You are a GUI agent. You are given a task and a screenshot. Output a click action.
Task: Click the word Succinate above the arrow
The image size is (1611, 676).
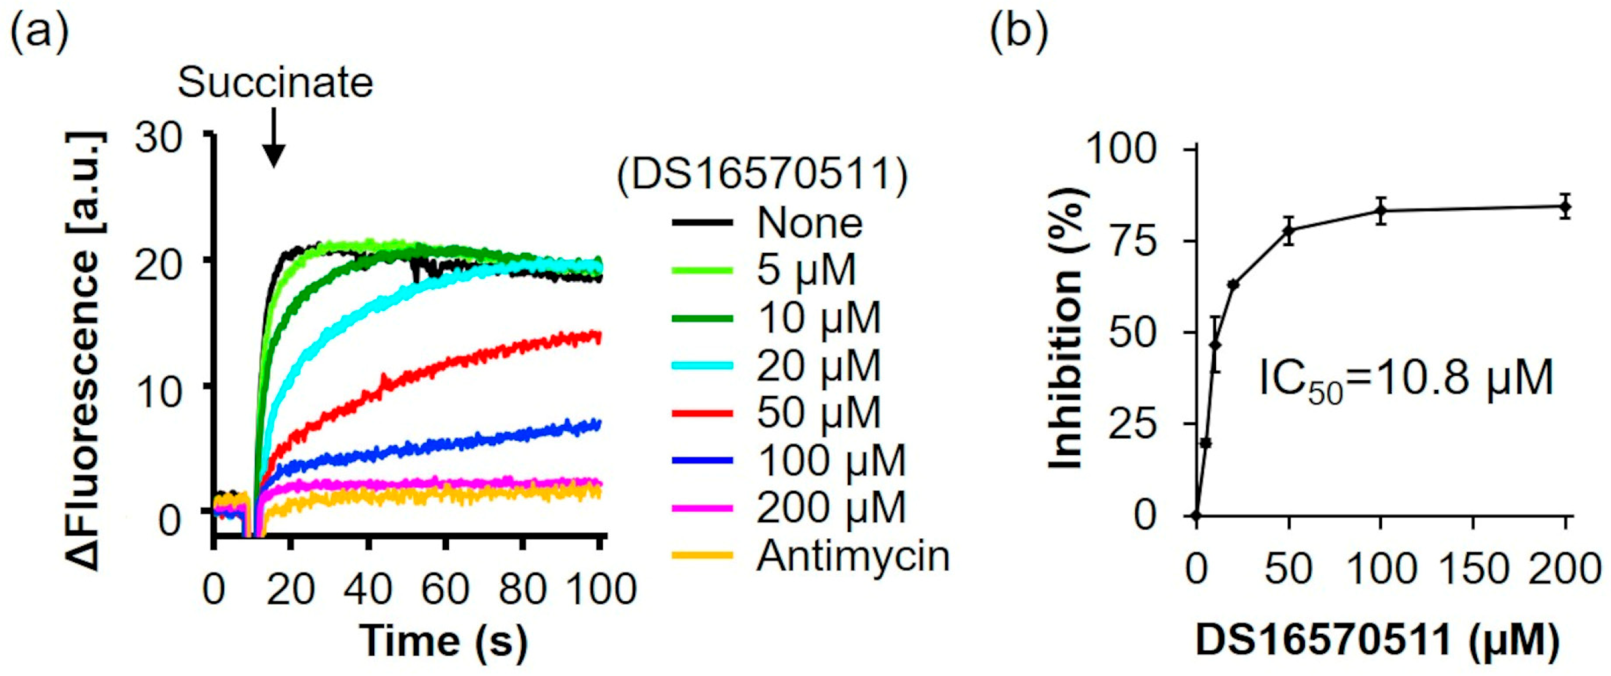[x=275, y=83]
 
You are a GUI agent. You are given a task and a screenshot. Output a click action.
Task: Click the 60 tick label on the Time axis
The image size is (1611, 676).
[x=445, y=589]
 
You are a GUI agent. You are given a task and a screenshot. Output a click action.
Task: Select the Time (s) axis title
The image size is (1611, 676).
[x=443, y=642]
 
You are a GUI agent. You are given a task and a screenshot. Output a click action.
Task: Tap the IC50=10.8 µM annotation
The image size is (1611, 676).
[x=1406, y=378]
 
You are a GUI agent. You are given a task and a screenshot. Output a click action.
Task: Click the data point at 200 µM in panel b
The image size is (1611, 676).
[x=1564, y=206]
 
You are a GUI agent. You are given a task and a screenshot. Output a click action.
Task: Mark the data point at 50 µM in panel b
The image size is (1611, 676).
[x=1288, y=230]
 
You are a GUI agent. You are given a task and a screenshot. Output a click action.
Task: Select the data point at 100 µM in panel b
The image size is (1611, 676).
[x=1381, y=210]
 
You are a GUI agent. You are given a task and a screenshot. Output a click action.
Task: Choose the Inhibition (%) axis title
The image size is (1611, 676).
[x=1066, y=331]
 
